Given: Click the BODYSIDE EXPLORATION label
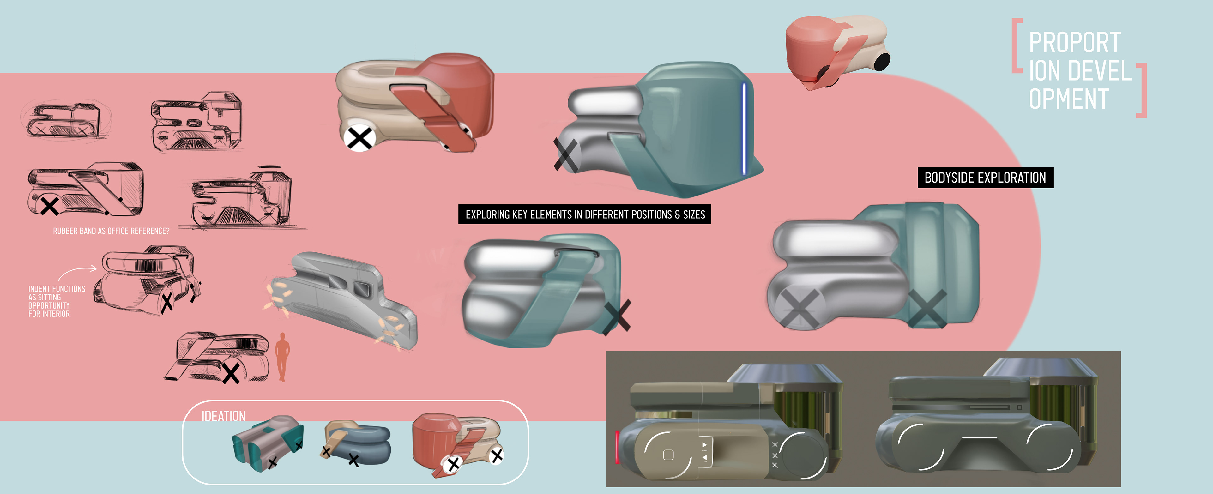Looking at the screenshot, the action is pos(985,178).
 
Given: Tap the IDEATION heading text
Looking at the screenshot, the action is pos(223,416).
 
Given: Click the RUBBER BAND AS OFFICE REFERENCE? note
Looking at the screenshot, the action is pos(111,231).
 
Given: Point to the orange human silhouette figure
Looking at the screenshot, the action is pos(282,357).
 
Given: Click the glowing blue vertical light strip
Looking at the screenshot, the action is pos(744,129).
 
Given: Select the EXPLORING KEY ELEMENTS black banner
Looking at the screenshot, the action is pos(585,214).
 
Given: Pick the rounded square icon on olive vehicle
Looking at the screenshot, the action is pos(668,455).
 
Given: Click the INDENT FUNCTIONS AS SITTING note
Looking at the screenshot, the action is pos(57,301).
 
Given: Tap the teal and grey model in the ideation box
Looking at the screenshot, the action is pos(268,443).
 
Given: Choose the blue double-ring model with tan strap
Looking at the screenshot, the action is pos(356,443).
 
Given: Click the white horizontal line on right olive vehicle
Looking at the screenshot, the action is pos(980,438).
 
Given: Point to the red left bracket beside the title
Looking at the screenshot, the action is pos(1017,46).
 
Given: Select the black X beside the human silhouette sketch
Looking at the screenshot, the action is pos(231,373).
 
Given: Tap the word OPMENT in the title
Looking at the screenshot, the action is pos(1069,99).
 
